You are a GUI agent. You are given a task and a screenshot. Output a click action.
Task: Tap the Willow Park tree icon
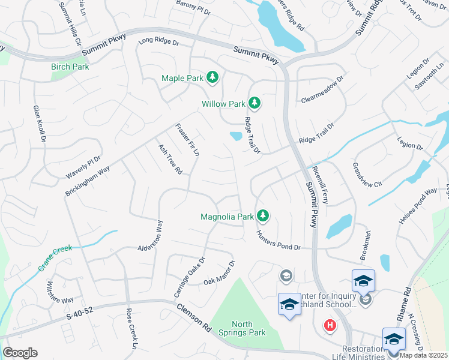[x=255, y=103]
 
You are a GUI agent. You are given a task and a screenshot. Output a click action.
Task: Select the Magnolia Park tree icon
[x=262, y=215]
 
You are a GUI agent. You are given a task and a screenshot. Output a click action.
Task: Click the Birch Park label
[x=70, y=67]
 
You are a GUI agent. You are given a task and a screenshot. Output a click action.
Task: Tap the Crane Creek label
[x=55, y=257]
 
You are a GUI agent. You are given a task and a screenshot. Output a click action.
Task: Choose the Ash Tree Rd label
[x=170, y=159]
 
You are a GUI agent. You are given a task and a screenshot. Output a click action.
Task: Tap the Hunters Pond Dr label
[x=278, y=239]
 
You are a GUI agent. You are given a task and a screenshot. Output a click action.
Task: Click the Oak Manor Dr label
[x=219, y=273]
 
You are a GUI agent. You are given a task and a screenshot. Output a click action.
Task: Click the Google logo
[x=20, y=353]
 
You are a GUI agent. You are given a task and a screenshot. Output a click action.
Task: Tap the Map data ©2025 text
[x=424, y=355]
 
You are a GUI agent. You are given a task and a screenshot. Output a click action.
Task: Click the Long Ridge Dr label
[x=159, y=43]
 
